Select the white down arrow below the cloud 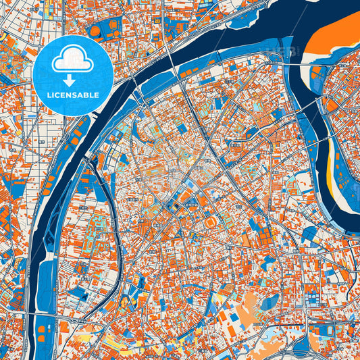click(74, 80)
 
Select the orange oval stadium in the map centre click(211, 222)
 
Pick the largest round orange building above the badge click(95, 30)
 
